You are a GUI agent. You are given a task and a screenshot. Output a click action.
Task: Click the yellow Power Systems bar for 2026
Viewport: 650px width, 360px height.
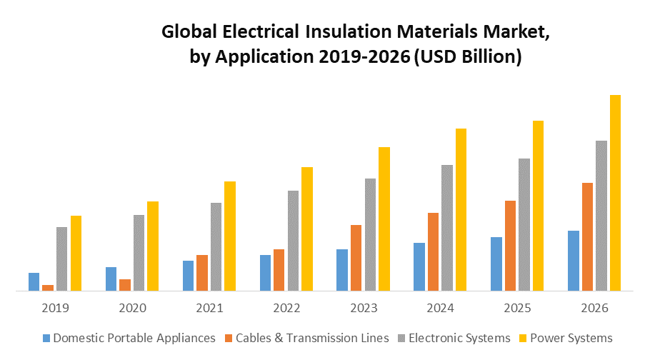point(615,193)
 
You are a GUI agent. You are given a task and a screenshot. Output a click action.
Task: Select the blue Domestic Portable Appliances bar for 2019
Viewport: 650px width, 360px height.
point(34,282)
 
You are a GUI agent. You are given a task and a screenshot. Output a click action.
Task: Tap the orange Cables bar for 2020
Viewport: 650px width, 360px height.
point(125,285)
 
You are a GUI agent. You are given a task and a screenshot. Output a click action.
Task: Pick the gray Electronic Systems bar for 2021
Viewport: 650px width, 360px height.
point(216,246)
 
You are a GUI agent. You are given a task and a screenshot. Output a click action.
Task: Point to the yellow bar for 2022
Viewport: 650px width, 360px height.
point(307,229)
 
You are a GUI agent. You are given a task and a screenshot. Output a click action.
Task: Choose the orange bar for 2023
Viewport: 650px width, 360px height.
point(356,258)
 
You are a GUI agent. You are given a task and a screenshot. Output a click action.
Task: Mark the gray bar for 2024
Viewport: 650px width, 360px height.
point(447,228)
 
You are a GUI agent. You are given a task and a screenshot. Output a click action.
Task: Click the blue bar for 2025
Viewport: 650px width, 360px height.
point(496,264)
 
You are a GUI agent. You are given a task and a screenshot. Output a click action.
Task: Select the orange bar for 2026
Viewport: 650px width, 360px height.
point(587,236)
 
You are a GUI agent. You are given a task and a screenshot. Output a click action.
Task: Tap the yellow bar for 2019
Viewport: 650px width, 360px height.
point(76,253)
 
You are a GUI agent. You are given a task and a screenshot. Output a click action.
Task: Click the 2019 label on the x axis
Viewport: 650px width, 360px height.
point(56,309)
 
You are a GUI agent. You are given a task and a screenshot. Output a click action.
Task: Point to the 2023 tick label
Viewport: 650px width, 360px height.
point(364,309)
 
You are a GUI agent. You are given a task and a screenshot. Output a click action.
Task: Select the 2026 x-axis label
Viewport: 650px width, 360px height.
point(594,309)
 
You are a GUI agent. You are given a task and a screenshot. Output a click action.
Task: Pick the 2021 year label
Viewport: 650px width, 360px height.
point(209,309)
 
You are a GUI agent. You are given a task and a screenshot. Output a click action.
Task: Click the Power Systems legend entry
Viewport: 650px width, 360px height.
point(570,338)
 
